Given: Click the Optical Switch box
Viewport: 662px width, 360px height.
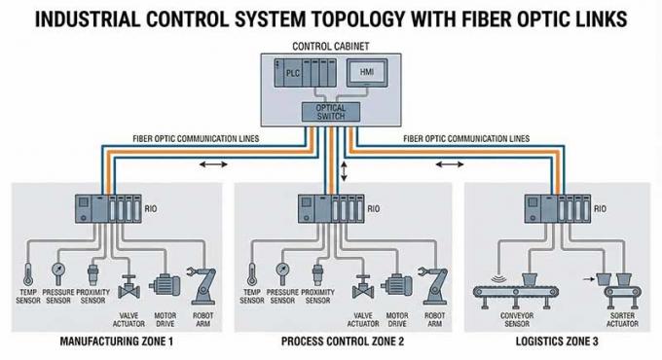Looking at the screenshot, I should pos(330,112).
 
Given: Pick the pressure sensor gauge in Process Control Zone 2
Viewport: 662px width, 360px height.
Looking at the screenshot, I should pos(283,265).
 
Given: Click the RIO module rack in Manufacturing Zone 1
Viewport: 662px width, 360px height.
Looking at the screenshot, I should pos(108,209).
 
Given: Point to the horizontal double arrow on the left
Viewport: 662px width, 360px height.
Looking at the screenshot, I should pos(208,165).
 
